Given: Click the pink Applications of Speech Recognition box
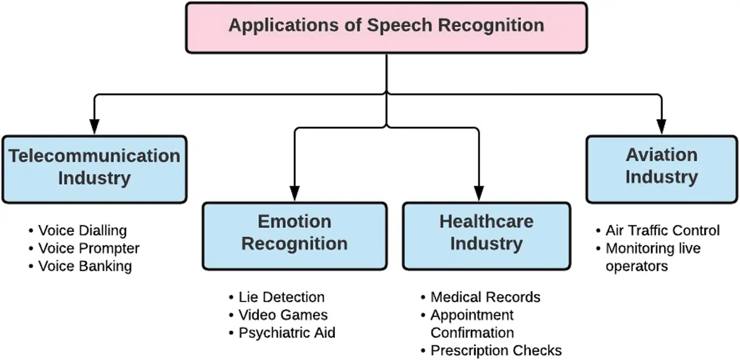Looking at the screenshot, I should click(386, 28).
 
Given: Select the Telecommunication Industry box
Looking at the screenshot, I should click(94, 169).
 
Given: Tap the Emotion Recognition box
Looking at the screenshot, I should click(295, 235).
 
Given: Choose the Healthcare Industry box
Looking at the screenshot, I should click(486, 235).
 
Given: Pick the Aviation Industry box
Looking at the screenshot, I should click(662, 168).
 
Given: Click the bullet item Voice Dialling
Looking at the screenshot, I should click(82, 230).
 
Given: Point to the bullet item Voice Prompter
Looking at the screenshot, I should click(89, 248).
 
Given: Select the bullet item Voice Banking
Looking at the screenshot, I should click(85, 266).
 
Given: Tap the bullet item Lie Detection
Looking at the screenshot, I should click(281, 297).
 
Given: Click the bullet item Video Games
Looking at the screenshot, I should click(283, 315).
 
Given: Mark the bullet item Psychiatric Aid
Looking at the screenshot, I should click(287, 333).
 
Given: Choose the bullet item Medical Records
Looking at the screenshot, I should click(485, 297).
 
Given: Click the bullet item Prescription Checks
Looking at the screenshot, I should click(496, 351).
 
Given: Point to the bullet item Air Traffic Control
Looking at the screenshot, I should click(662, 230).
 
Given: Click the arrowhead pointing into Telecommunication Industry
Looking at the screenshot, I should click(94, 127).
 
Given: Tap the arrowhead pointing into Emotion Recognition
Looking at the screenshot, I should click(295, 193).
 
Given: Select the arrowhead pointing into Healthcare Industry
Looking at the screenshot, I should click(479, 193).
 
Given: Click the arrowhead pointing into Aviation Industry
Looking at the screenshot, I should click(662, 127).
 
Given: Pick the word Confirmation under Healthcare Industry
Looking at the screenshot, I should click(472, 333).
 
